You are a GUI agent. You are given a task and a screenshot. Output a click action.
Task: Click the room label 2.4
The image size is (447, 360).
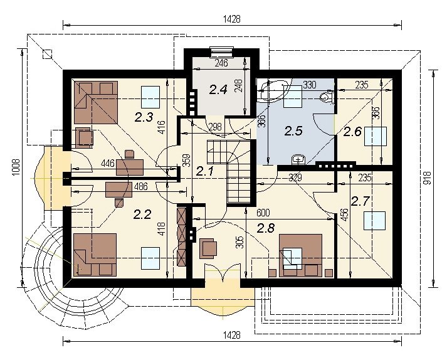[218, 89]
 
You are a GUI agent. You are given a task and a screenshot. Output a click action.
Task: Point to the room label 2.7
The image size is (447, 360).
[360, 201]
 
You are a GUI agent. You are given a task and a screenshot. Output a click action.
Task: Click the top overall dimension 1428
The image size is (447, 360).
[232, 19]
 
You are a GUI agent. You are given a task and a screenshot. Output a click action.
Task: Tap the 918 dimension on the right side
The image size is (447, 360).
[427, 177]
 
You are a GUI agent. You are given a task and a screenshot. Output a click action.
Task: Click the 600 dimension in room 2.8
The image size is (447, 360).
[263, 213]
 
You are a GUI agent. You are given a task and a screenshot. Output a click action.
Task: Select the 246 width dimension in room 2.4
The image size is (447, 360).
[221, 63]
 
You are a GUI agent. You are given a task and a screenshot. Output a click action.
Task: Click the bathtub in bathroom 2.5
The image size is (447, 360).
[271, 90]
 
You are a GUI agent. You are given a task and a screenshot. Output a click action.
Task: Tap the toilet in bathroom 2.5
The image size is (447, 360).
[327, 97]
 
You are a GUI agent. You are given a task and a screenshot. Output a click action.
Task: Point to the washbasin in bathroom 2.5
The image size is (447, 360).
[298, 159]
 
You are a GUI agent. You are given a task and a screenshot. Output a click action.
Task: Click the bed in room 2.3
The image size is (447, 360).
[96, 102]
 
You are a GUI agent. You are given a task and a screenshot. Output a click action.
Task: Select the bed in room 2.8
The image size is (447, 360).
[300, 255]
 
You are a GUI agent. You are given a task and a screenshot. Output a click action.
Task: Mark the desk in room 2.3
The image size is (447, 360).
[130, 167]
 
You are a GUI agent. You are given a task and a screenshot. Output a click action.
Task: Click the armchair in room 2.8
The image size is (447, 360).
[208, 248]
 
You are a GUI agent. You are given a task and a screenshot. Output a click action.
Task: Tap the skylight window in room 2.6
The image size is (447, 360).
[376, 136]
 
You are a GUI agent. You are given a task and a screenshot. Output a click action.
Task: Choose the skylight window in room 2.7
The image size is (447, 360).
[374, 221]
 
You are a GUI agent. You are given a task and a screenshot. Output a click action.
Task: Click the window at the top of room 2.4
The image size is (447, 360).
[221, 51]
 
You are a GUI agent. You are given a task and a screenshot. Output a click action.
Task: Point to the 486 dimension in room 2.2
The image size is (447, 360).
[140, 186]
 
